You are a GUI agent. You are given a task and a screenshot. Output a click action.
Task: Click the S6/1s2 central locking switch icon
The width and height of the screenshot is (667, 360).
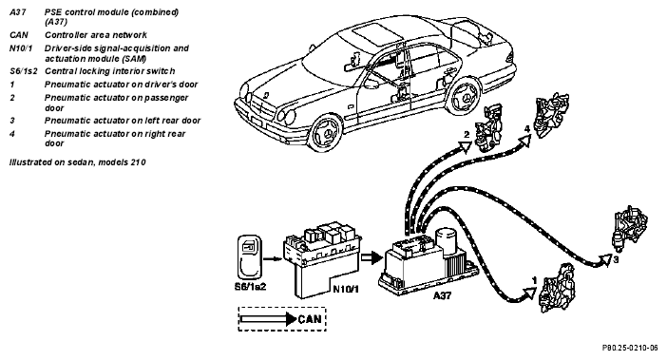[250, 257]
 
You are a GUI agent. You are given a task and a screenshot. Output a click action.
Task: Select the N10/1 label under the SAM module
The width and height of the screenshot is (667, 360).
[346, 290]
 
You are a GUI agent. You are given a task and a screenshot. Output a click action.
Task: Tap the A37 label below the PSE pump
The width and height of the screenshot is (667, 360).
[442, 295]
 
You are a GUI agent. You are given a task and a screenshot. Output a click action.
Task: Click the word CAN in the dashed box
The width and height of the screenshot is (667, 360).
[310, 319]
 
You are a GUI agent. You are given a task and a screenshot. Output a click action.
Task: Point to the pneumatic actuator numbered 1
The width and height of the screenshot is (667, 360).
[557, 289]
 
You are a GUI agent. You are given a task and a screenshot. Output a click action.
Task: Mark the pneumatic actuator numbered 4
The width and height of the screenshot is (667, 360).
[551, 115]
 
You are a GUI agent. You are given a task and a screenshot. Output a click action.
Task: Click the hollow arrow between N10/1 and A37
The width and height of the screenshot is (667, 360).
[372, 257]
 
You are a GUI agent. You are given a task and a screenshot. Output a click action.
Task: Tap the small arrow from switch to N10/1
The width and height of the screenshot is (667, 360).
[273, 258]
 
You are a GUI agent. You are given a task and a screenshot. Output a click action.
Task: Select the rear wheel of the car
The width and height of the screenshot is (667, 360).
[465, 99]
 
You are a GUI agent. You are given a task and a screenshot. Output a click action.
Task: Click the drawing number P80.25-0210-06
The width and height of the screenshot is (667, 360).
[630, 348]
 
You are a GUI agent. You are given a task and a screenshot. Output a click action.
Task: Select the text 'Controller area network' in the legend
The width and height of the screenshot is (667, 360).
[96, 35]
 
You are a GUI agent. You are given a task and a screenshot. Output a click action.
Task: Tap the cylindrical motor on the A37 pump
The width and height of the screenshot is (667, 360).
[447, 241]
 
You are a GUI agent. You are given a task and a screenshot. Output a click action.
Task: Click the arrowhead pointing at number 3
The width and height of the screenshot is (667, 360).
[605, 259]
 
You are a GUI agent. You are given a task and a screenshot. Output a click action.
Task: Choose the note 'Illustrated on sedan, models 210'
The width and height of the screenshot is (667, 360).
[77, 161]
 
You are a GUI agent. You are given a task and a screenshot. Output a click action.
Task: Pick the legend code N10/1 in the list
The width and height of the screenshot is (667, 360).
[21, 48]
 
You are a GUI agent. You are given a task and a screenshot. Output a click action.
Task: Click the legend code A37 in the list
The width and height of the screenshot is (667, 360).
[18, 12]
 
